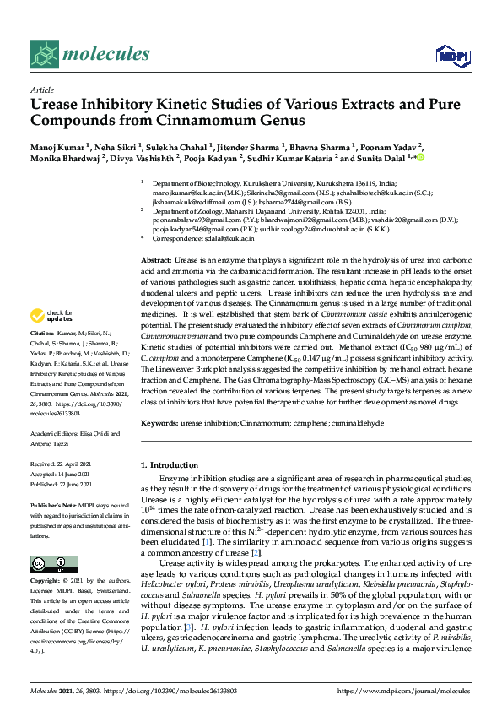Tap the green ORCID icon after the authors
click(420, 157)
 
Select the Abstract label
click(157, 260)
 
